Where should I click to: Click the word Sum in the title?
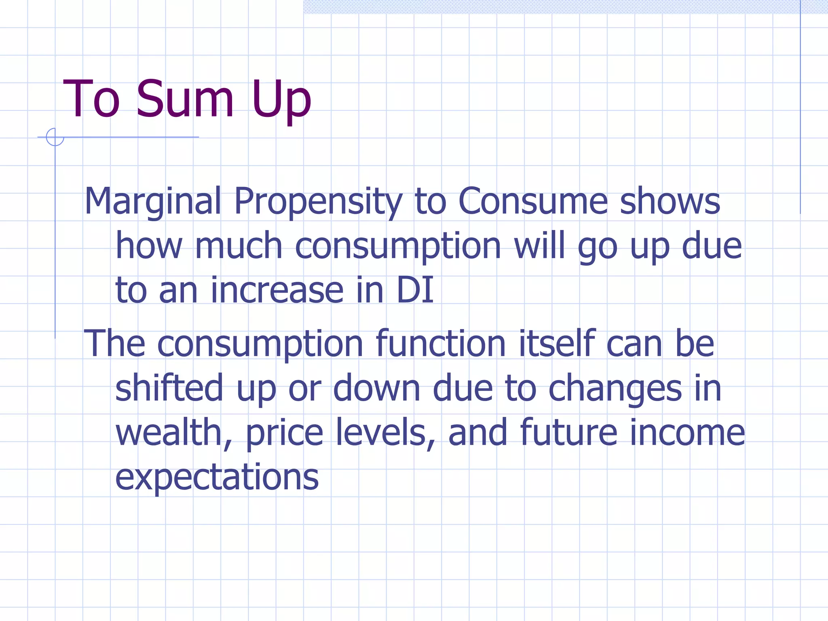pos(185,99)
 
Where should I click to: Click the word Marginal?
pos(153,201)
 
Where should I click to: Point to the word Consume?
pos(533,201)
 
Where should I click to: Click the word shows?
pos(670,201)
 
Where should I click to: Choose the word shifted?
pos(169,388)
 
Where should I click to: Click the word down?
pos(376,388)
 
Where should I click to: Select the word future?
pos(569,433)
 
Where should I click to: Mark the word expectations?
pos(217,478)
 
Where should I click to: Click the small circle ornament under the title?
pos(55,137)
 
